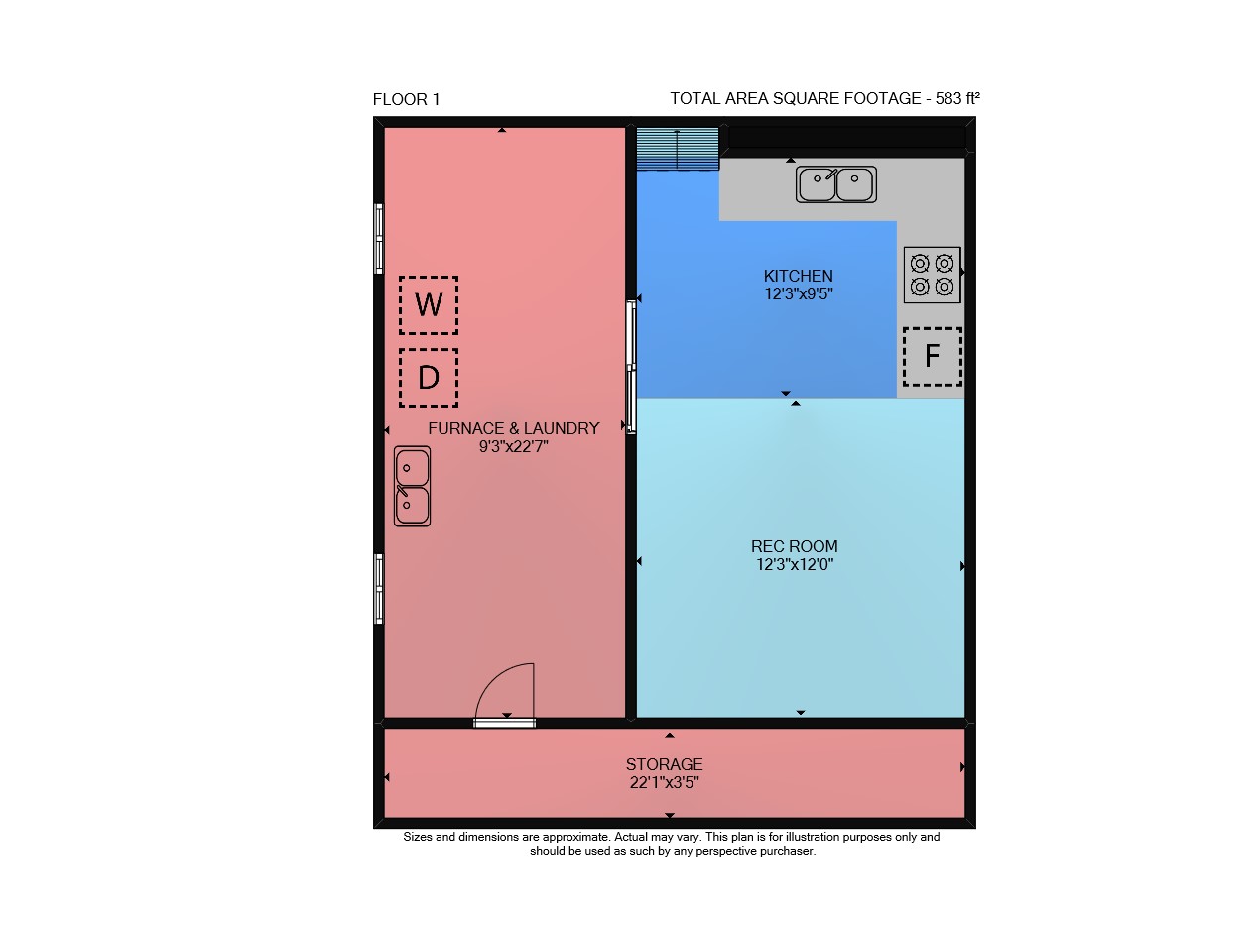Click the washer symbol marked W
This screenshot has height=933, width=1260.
pyautogui.click(x=428, y=305)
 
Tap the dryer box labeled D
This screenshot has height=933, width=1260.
pyautogui.click(x=428, y=378)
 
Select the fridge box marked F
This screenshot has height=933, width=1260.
pyautogui.click(x=932, y=356)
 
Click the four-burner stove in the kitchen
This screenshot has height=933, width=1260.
pyautogui.click(x=932, y=275)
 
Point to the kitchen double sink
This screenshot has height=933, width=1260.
pyautogui.click(x=835, y=184)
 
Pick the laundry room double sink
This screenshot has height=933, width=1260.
pyautogui.click(x=412, y=486)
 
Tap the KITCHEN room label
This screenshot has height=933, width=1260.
pyautogui.click(x=798, y=276)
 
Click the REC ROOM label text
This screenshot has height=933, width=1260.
pyautogui.click(x=794, y=546)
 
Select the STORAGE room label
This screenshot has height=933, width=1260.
pyautogui.click(x=664, y=764)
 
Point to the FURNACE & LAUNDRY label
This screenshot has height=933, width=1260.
pyautogui.click(x=514, y=428)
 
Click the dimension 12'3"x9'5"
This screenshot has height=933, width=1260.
pyautogui.click(x=798, y=293)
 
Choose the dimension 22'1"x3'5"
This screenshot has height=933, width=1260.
pyautogui.click(x=664, y=782)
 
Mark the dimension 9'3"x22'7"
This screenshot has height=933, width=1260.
pyautogui.click(x=514, y=446)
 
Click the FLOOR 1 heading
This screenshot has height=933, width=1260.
pyautogui.click(x=406, y=99)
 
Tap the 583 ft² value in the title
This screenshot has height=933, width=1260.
pyautogui.click(x=957, y=98)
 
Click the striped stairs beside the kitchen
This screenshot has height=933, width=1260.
pyautogui.click(x=678, y=149)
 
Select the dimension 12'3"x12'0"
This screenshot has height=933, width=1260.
pyautogui.click(x=794, y=564)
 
